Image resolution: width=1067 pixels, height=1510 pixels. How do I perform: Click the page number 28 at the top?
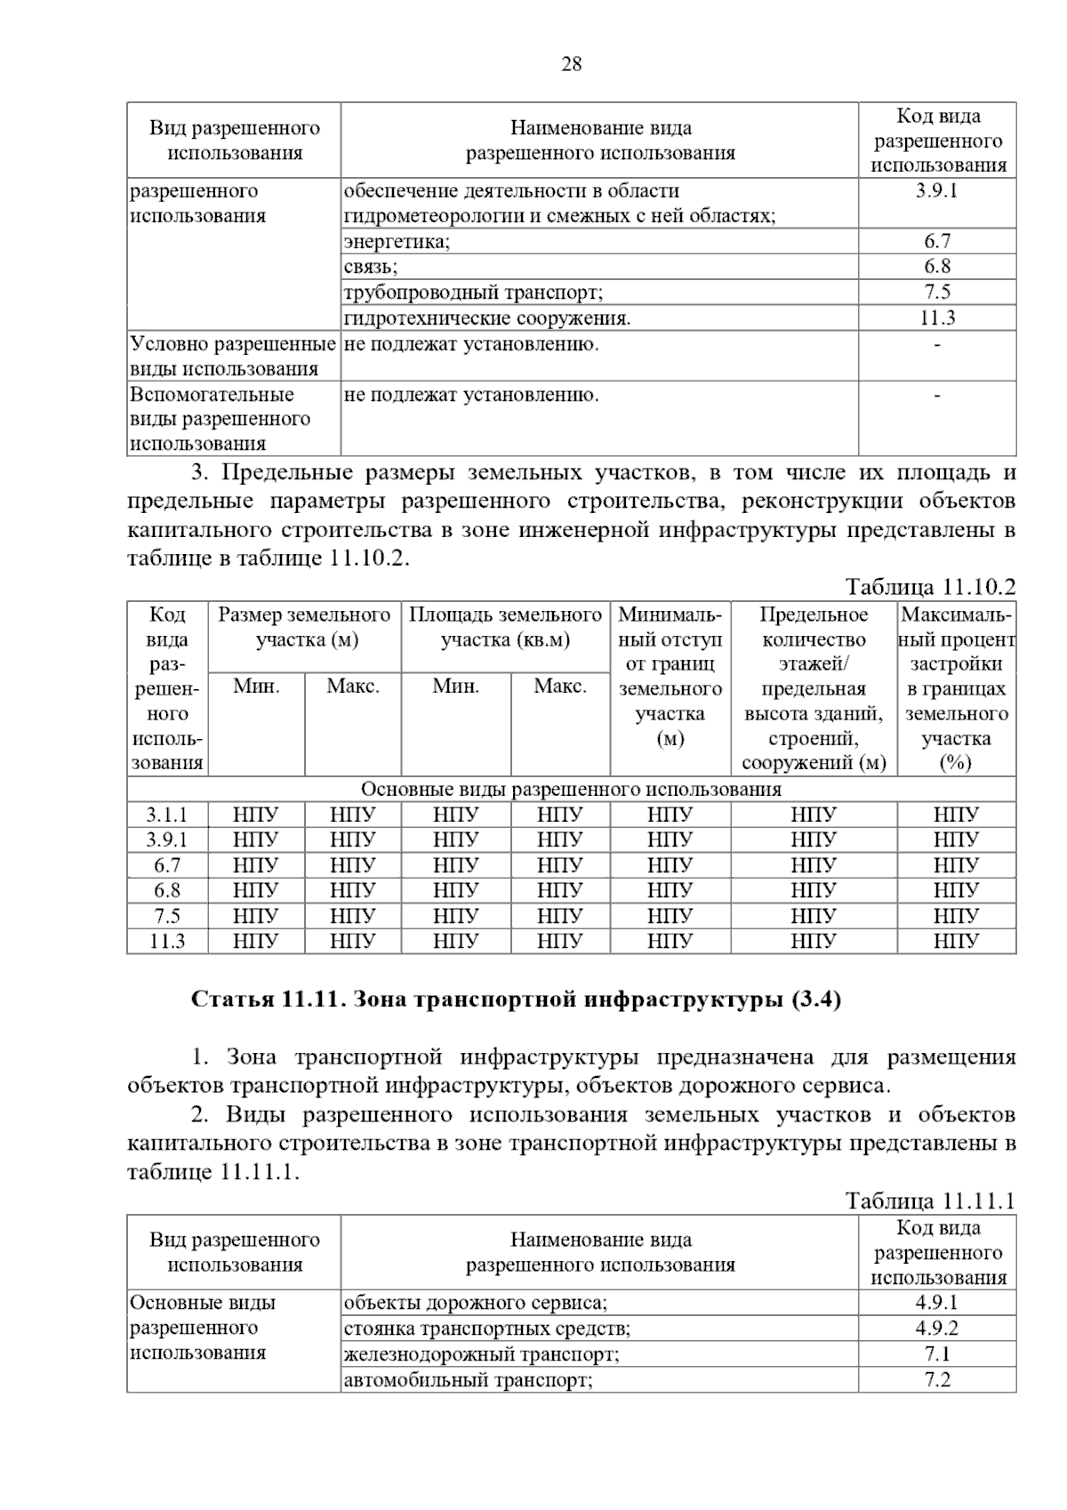tap(572, 63)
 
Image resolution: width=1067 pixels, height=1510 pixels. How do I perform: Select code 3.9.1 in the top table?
tap(936, 190)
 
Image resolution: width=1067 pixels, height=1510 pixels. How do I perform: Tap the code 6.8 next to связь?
tap(936, 266)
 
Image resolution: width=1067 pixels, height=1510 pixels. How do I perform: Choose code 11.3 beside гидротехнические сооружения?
tap(936, 317)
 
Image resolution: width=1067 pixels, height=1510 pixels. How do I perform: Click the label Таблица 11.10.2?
tap(930, 587)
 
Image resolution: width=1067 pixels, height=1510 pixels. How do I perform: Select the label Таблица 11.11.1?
tap(930, 1201)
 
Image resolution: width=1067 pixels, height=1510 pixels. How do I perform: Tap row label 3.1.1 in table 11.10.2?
tap(167, 814)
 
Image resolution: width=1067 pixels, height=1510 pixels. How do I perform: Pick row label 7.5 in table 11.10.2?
tap(167, 916)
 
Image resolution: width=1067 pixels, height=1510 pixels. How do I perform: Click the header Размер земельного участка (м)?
tap(304, 627)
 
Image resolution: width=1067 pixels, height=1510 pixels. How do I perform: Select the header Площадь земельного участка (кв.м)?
tap(505, 627)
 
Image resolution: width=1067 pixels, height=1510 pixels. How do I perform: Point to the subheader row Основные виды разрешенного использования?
tap(571, 789)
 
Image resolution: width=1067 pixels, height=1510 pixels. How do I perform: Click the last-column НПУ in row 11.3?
tap(956, 941)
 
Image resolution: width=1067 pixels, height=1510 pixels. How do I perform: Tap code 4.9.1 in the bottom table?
tap(936, 1303)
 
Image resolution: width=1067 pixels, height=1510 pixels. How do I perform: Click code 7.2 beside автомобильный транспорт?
tap(936, 1379)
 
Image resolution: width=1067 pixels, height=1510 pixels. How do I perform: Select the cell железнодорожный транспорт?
tap(481, 1354)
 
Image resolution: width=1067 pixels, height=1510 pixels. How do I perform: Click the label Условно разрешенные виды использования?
tap(233, 356)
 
